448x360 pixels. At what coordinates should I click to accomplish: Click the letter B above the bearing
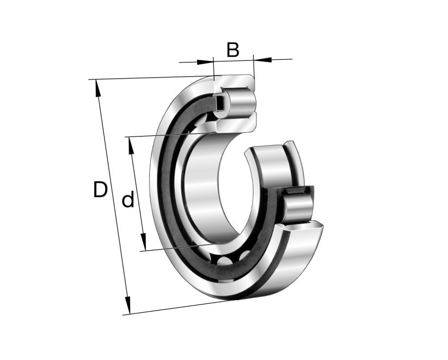coord(232,49)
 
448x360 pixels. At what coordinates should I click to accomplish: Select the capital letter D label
coord(100,190)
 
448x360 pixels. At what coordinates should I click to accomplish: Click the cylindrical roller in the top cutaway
coord(238,103)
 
